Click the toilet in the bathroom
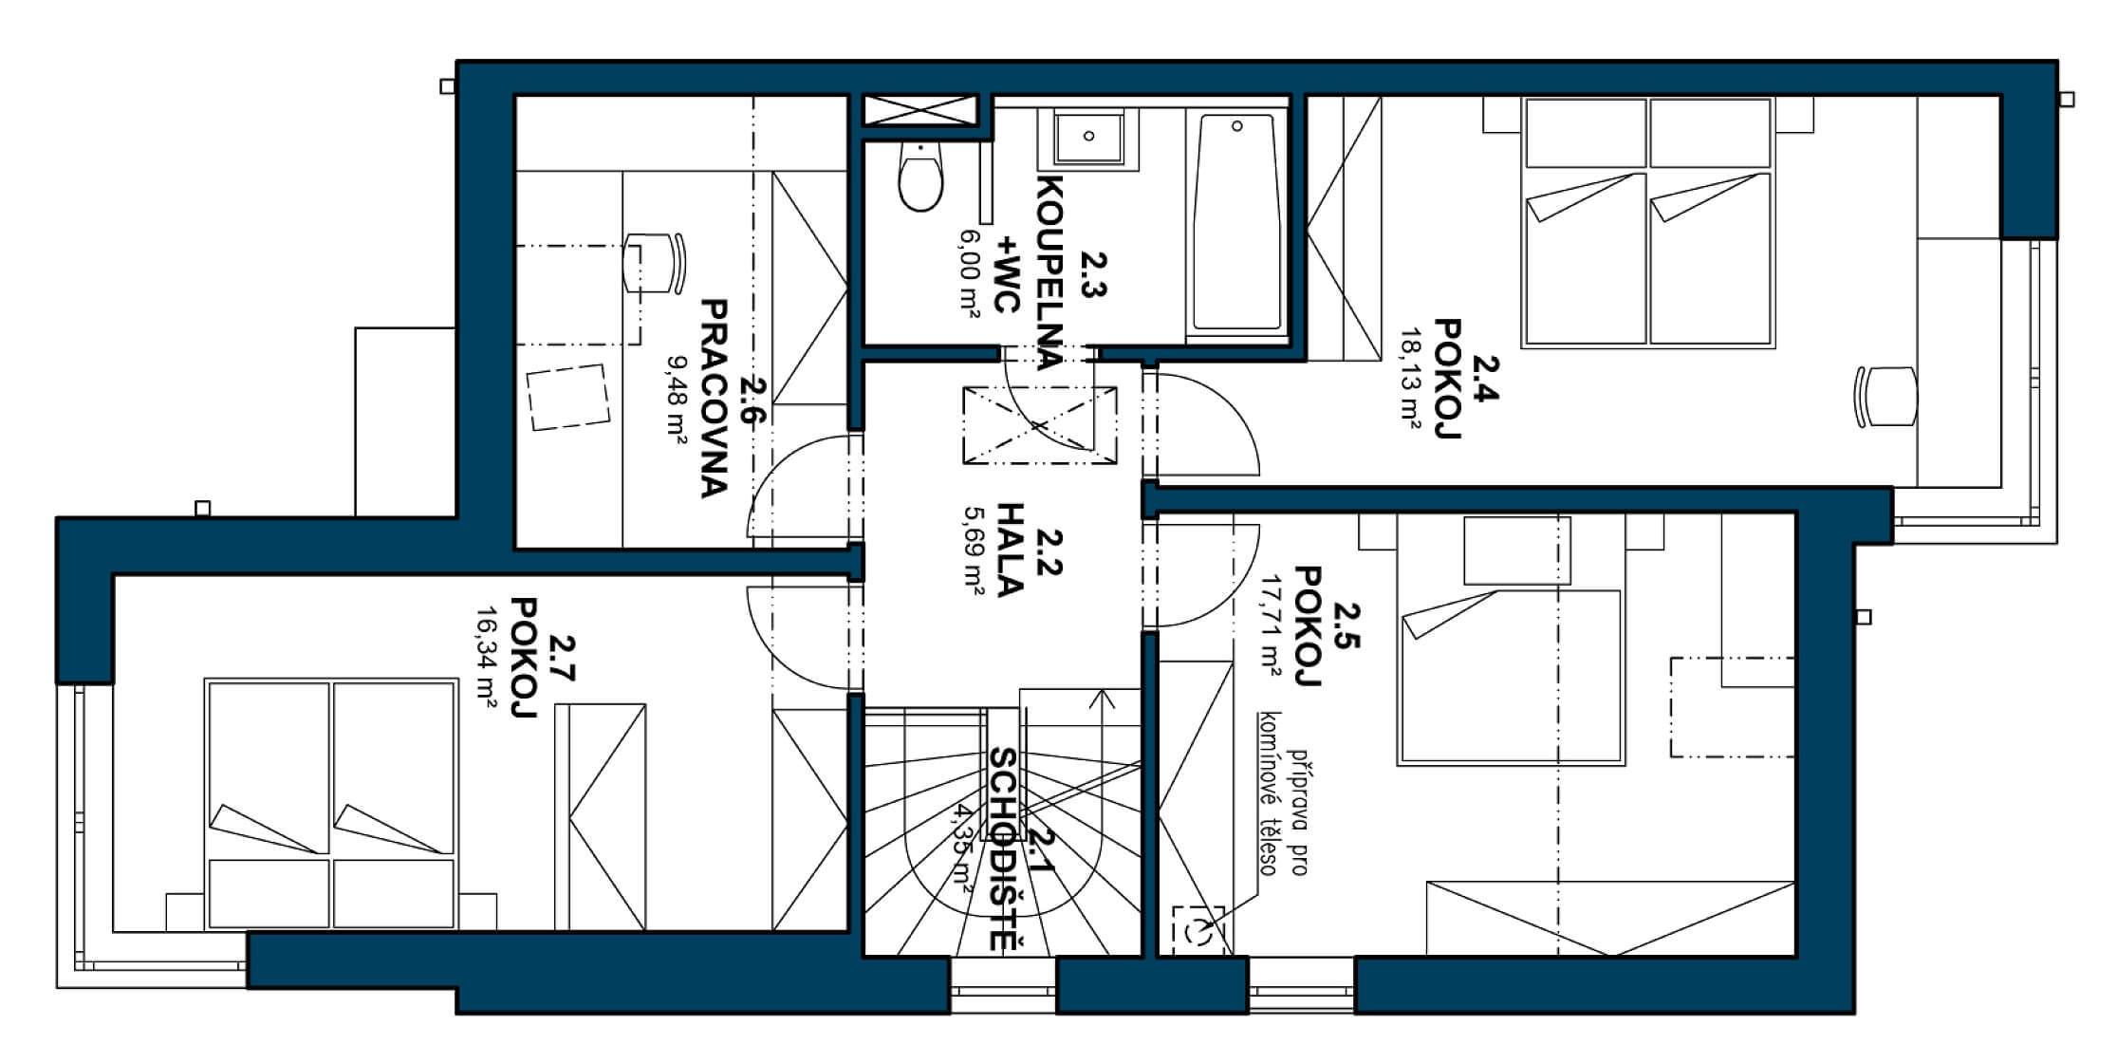tap(919, 180)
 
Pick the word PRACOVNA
tap(714, 399)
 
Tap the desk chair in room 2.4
tap(1885, 396)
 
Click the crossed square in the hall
tap(1039, 425)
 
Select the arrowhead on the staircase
tap(1102, 699)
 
